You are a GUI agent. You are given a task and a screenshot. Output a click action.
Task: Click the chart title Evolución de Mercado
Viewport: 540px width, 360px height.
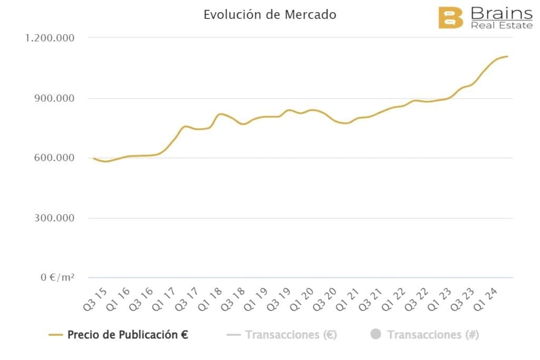click(x=269, y=15)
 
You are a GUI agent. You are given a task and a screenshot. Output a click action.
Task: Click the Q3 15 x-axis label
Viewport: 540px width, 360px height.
click(x=95, y=299)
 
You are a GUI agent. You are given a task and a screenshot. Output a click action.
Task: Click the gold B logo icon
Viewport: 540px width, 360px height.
click(x=451, y=17)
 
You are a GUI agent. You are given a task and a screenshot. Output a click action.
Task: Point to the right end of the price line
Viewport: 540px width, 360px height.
click(x=507, y=56)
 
